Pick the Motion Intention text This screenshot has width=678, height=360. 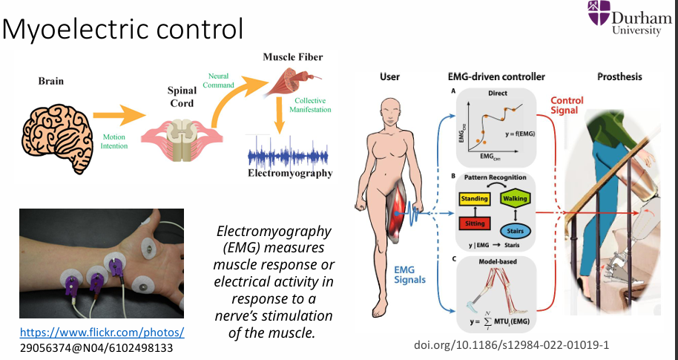click(x=116, y=142)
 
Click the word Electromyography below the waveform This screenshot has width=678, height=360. click(x=289, y=174)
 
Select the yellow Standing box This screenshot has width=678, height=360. click(x=474, y=199)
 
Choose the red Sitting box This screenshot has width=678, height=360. click(x=474, y=223)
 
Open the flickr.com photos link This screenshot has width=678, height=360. click(x=102, y=332)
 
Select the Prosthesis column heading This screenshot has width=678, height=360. click(x=620, y=76)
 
